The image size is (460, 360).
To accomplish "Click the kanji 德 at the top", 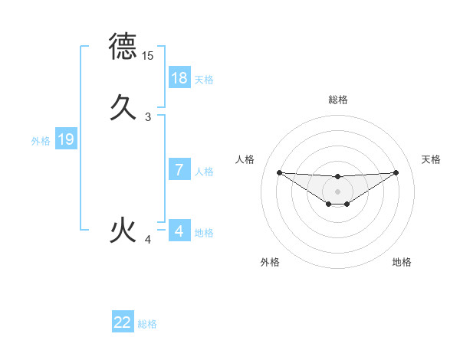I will point(123,46).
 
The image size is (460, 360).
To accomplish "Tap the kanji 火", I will point(123,230).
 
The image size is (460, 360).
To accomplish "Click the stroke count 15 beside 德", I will point(148,56).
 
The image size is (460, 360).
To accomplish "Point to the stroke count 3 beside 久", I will point(148,117).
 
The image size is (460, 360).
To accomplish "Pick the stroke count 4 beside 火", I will point(148,241).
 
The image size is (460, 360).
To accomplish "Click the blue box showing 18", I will point(179,77).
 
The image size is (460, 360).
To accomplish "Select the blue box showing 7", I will point(179,170).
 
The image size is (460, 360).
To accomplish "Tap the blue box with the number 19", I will point(66,139).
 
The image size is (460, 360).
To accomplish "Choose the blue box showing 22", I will point(123,322).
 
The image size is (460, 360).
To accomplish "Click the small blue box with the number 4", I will point(179,231).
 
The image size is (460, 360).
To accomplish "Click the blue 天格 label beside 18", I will point(204,80).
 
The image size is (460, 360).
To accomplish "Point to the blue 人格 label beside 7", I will point(204,172).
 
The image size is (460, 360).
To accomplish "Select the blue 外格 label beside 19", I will point(41,141).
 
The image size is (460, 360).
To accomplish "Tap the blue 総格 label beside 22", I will point(147,324).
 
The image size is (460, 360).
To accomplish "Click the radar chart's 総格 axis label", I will point(337,100).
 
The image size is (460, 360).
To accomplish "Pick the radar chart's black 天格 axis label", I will point(432,159).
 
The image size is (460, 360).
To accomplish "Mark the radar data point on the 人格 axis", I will point(279,172).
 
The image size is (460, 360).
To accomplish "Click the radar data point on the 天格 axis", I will point(396,172).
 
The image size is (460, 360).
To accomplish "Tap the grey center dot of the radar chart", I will point(337,191).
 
